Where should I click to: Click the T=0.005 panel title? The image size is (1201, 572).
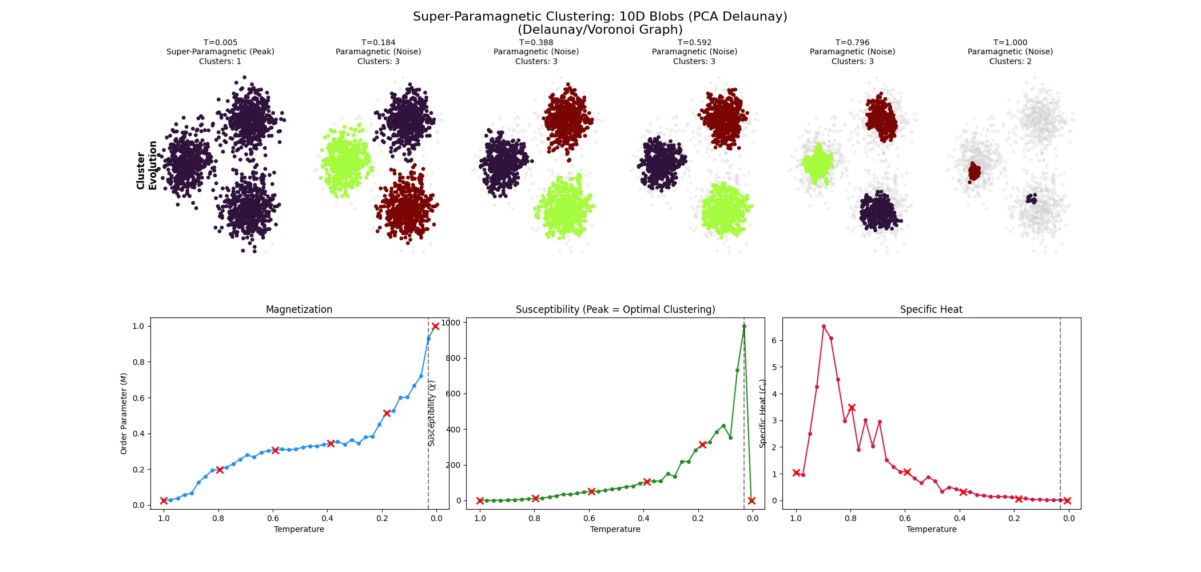220,42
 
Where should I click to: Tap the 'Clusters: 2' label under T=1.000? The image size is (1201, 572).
1010,61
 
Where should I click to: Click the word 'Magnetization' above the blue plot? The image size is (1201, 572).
299,309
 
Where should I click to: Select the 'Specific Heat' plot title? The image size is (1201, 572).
930,309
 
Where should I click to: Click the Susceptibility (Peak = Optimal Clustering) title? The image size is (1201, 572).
615,309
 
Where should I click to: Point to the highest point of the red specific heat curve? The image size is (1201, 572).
824,327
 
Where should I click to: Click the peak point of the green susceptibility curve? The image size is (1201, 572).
744,327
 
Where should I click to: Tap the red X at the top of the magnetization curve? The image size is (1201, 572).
435,326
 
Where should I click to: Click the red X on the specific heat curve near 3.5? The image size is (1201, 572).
852,408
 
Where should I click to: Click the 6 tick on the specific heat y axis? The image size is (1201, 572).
774,340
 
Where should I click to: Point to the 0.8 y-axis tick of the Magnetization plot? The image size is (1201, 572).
138,362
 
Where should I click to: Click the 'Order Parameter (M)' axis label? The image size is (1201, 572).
124,414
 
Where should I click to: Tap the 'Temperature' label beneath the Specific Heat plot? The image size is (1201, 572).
931,529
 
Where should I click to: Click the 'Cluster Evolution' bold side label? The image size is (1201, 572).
146,165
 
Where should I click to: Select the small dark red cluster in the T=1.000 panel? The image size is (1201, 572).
974,171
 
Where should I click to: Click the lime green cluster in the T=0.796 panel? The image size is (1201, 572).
817,164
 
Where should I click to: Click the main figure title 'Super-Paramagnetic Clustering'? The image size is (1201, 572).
600,17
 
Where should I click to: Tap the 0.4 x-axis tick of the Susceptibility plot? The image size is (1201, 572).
643,518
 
